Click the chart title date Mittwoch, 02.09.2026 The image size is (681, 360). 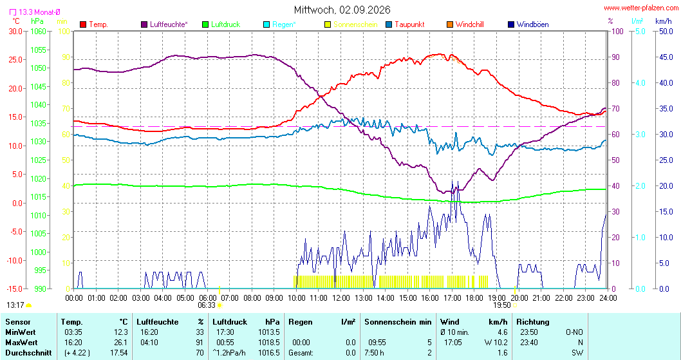coord(342,10)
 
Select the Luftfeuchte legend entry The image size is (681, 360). coord(165,24)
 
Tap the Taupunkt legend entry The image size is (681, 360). coord(406,24)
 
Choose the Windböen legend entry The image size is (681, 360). coord(528,24)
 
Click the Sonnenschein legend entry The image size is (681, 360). coord(351,24)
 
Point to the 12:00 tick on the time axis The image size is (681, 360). coord(341,298)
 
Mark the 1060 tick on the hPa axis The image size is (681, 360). coord(38,32)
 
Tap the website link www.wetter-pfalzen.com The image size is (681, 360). coord(641,8)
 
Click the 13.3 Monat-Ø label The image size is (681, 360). coord(35,12)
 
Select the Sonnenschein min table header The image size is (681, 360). coord(398,322)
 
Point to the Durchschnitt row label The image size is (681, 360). coord(28,353)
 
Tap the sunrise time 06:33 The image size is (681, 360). coord(207,305)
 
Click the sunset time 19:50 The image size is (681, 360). coord(501,305)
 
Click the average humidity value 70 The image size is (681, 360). coord(200,353)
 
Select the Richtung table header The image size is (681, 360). coord(533,322)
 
